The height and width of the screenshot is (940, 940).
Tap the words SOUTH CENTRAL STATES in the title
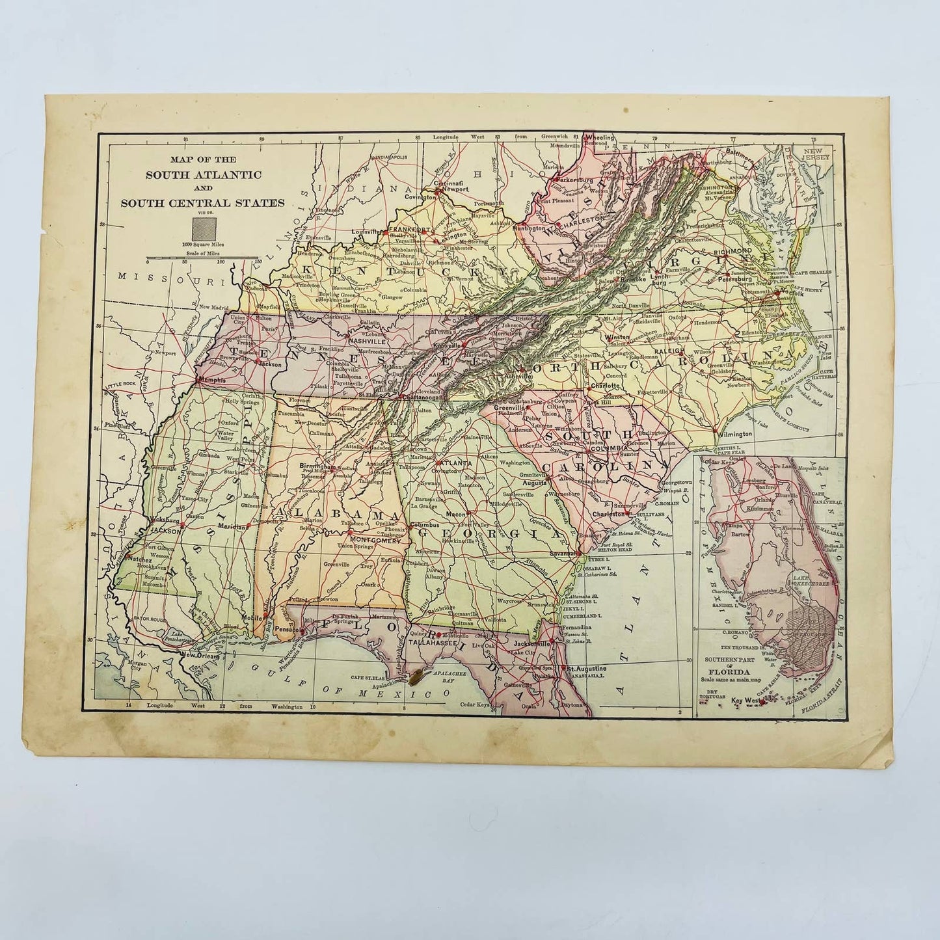[202, 202]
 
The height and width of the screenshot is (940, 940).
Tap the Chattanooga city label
[412, 397]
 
